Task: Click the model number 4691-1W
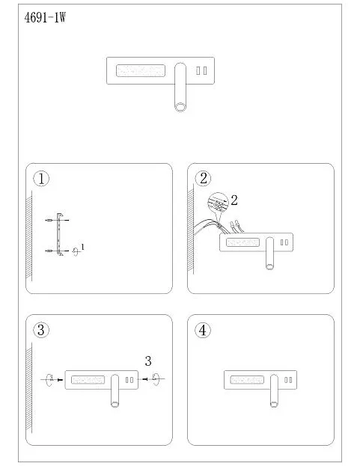45,18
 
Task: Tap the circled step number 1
41,179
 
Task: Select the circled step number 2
203,179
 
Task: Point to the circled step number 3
41,330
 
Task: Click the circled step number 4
203,330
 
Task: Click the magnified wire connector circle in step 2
219,203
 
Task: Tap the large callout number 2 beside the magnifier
234,200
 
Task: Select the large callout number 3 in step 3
148,361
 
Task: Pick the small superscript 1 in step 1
82,247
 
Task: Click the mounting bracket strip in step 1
59,234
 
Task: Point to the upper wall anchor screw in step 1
49,220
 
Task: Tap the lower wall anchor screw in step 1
49,251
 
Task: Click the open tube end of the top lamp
180,107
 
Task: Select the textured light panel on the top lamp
141,71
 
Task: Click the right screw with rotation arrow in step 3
152,378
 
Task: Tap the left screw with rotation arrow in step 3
52,379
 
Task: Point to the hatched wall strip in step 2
191,230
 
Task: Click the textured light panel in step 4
247,379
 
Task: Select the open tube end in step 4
274,404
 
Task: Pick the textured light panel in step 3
88,379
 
